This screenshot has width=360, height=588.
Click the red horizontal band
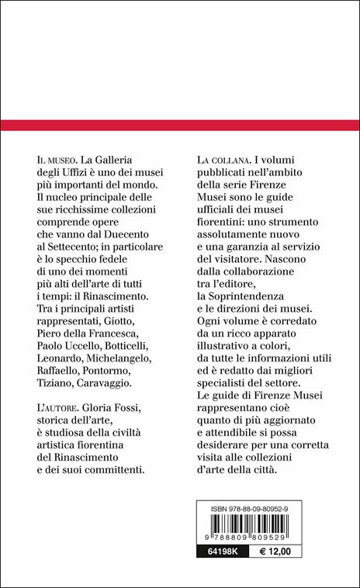click(x=180, y=125)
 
